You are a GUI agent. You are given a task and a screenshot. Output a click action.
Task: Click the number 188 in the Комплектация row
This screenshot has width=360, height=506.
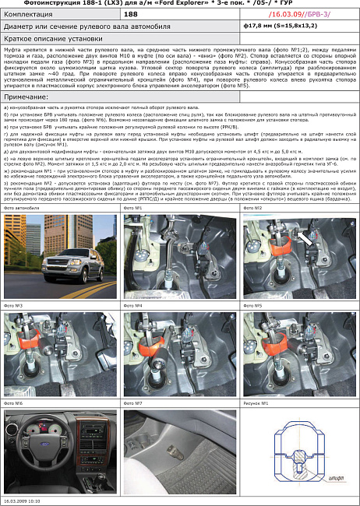131,14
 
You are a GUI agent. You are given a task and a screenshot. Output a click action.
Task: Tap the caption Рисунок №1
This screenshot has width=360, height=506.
256,403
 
